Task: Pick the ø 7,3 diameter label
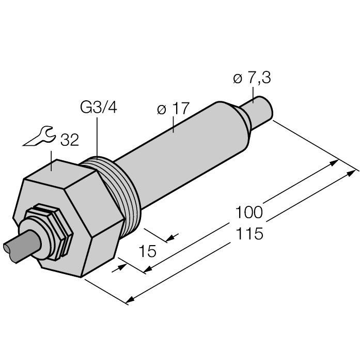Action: (252, 78)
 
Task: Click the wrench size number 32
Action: (69, 140)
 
